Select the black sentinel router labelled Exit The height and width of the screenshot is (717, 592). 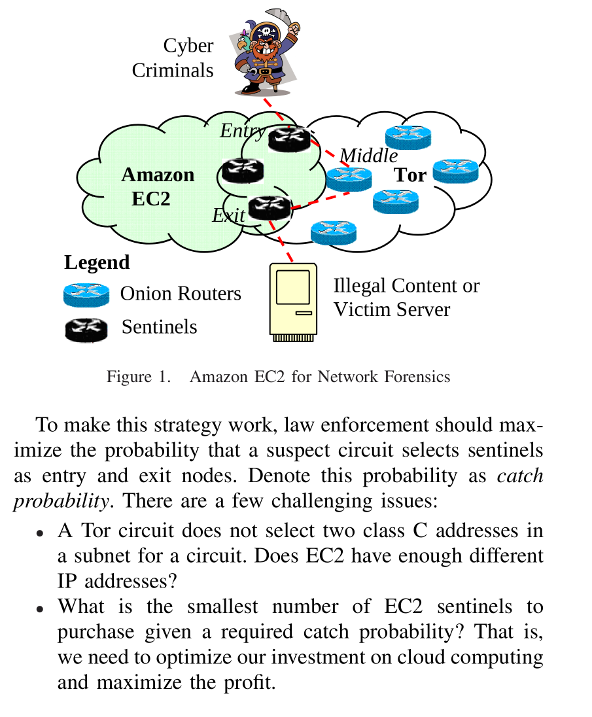coord(269,208)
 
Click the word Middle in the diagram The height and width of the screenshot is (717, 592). coord(368,156)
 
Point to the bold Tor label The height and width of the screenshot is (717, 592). coord(409,175)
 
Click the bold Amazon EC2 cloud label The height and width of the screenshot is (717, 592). coord(157,186)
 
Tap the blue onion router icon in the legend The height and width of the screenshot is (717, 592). coord(86,295)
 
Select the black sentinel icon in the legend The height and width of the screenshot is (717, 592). coord(86,328)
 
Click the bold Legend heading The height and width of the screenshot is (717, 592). coord(97,262)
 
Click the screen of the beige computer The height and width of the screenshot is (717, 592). coord(292,286)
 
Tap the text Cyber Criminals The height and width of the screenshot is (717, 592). coord(173,58)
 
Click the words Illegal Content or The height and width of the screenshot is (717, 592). coord(406,286)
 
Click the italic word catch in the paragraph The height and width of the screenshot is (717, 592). coord(520,475)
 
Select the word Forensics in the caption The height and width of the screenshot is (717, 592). coord(419,377)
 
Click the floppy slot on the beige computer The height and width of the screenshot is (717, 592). coord(304,313)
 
